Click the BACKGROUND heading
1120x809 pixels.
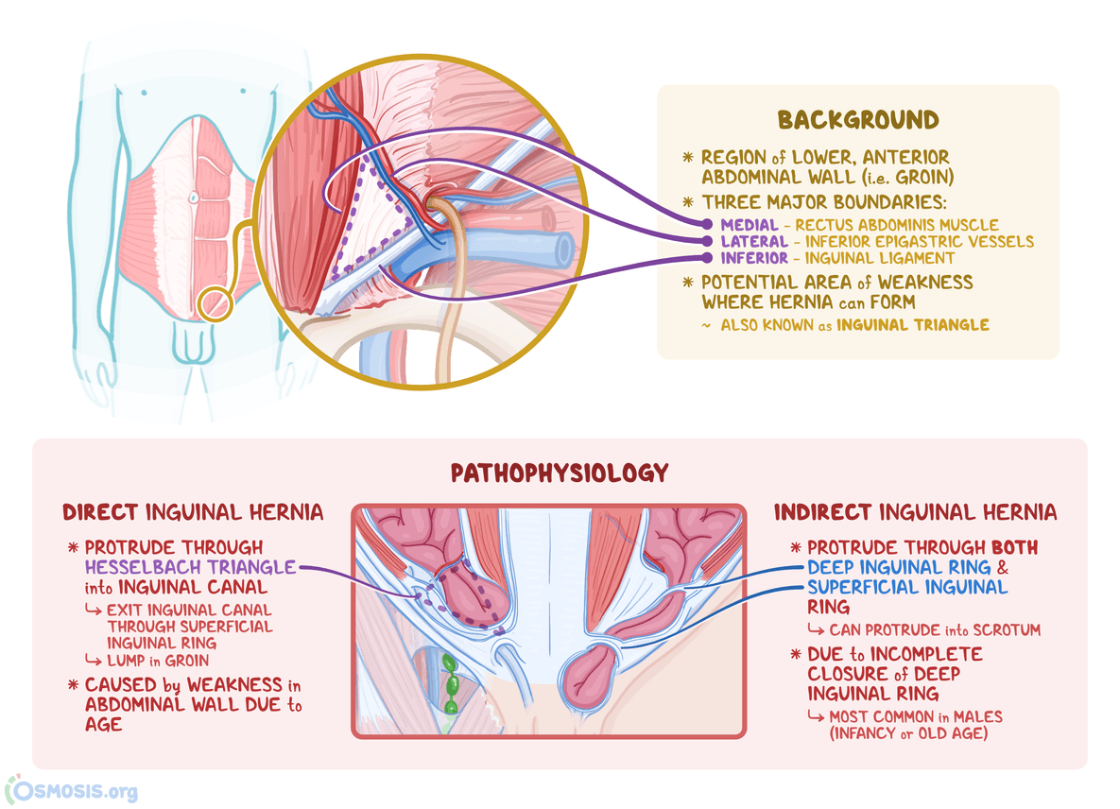[x=858, y=120]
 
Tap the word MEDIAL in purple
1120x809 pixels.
[x=750, y=225]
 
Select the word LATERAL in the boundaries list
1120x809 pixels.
[x=753, y=242]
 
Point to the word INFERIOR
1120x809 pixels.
[x=753, y=258]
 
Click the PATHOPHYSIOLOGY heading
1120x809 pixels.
[x=560, y=473]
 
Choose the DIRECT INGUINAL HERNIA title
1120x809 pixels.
[x=193, y=512]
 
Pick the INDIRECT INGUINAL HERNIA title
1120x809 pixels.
[x=915, y=512]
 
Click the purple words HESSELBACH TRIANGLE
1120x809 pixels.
[x=190, y=567]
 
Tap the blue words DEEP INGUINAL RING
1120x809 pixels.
[x=899, y=568]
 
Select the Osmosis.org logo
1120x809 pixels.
[x=72, y=790]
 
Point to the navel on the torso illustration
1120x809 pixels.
[x=193, y=198]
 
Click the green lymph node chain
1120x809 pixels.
[x=451, y=684]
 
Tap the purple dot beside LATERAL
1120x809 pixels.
[x=707, y=241]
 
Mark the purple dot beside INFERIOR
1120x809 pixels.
[x=707, y=258]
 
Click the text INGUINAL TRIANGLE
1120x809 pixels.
[x=913, y=326]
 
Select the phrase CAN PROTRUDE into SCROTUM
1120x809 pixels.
[x=935, y=629]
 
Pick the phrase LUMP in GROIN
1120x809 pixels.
[x=158, y=661]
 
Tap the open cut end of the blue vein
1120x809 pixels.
[x=564, y=250]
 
